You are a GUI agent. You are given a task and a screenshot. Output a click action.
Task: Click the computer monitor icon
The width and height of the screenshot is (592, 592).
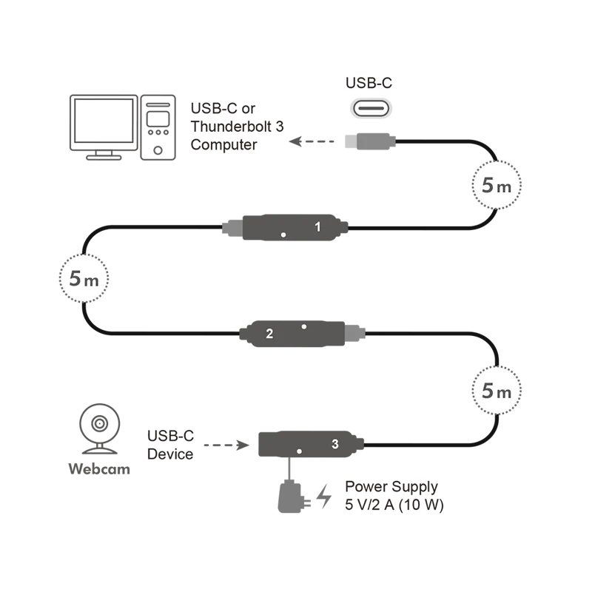(x=104, y=127)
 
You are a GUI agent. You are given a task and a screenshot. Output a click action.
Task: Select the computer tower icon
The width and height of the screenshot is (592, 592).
(x=158, y=127)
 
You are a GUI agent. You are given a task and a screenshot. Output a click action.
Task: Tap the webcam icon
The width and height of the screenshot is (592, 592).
(x=100, y=428)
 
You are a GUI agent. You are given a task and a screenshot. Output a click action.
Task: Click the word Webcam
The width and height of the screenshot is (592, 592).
(x=99, y=469)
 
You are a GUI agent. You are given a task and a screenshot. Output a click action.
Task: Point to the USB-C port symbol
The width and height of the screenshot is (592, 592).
(x=371, y=109)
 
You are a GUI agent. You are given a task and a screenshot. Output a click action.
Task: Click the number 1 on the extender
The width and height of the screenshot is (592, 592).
(x=317, y=226)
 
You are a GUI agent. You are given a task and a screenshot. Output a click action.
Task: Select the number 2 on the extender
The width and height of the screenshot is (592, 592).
(x=269, y=334)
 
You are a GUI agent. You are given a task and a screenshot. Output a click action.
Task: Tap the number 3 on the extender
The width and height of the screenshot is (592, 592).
(x=335, y=444)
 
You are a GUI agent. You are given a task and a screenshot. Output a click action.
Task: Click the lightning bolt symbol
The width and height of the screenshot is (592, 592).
(x=323, y=496)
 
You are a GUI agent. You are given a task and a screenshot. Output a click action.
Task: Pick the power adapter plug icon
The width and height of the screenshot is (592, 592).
(x=293, y=497)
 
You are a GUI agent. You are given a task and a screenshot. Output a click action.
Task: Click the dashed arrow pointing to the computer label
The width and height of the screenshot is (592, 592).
(x=312, y=141)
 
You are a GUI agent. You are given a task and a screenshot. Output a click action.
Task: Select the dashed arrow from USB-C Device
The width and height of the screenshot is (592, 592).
(x=226, y=445)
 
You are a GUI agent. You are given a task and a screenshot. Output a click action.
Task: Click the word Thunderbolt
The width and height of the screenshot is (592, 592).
(x=231, y=127)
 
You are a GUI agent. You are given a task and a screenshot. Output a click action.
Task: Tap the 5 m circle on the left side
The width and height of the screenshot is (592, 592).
(x=84, y=278)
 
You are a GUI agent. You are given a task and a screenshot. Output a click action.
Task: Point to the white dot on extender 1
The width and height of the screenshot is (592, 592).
(x=283, y=235)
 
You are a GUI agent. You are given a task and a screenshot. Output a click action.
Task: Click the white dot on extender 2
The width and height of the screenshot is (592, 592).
(x=304, y=326)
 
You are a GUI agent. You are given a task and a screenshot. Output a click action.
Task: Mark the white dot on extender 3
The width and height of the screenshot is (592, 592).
(x=299, y=451)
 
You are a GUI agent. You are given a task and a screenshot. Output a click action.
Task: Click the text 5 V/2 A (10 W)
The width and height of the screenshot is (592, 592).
(x=394, y=505)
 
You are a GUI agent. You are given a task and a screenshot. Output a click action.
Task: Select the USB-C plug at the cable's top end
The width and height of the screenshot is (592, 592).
(x=371, y=141)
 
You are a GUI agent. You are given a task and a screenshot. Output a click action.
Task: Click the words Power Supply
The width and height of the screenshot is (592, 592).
(x=391, y=487)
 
